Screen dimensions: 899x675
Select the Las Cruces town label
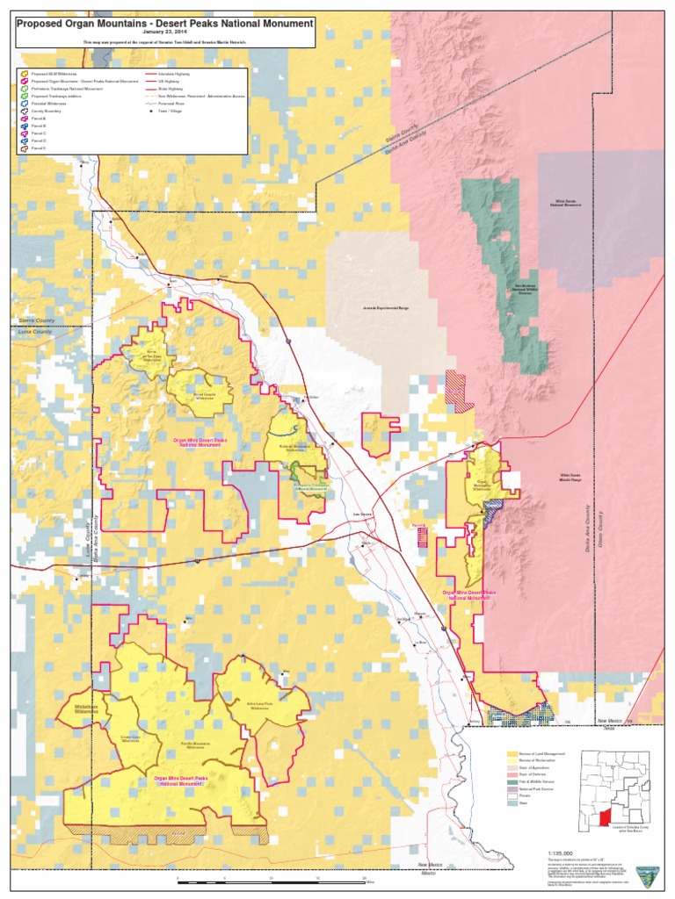coord(362,514)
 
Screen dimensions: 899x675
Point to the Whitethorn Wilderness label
coord(84,707)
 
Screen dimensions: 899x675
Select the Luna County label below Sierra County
coord(33,334)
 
